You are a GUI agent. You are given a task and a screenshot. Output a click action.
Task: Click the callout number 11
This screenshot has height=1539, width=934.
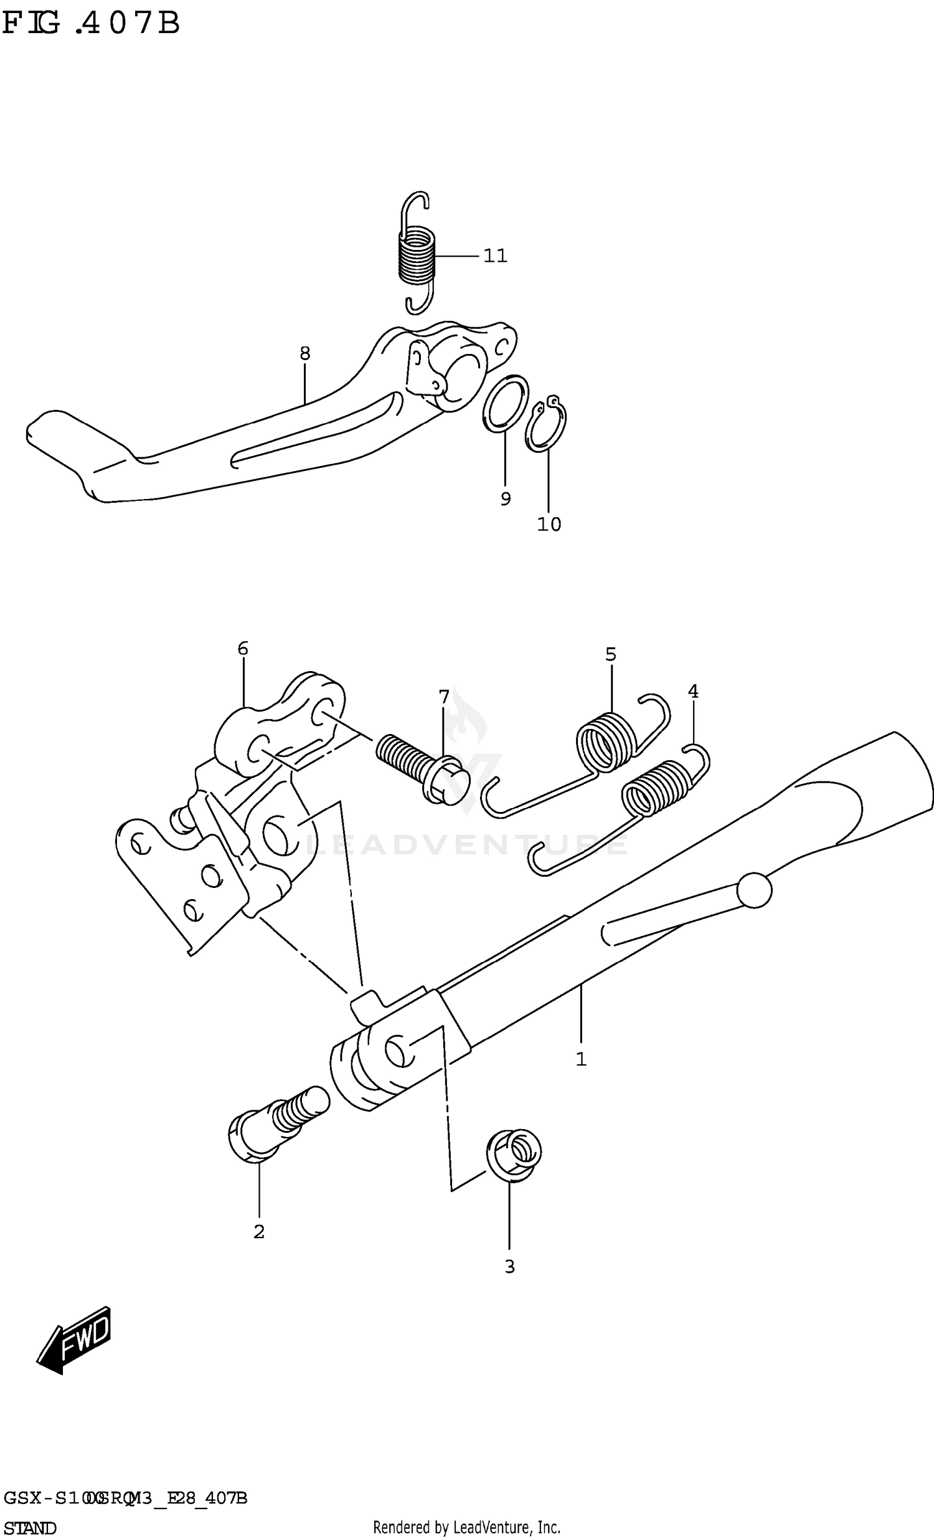click(x=495, y=256)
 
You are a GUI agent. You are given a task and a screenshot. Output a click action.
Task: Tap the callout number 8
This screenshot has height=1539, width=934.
click(x=304, y=353)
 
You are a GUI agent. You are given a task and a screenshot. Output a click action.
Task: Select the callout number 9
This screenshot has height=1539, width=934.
click(x=506, y=498)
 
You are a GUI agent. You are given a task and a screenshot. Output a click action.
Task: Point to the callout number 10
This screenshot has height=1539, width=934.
click(x=549, y=525)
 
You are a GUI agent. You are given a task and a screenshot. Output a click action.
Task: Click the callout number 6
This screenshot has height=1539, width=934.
click(x=243, y=649)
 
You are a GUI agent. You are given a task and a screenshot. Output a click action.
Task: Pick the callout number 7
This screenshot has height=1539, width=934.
click(x=444, y=697)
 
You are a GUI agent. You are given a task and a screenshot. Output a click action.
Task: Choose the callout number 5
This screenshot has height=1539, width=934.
click(x=611, y=655)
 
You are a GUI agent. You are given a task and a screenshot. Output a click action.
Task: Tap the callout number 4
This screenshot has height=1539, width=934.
click(x=693, y=692)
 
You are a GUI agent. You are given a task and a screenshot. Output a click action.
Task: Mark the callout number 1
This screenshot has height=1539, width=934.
click(x=581, y=1059)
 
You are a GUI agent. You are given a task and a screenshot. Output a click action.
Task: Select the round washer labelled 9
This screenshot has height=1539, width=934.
click(x=506, y=404)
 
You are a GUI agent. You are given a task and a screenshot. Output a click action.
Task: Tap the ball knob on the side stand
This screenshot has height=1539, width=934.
click(x=754, y=890)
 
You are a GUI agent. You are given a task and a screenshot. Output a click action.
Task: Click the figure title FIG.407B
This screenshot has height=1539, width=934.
click(x=91, y=24)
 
